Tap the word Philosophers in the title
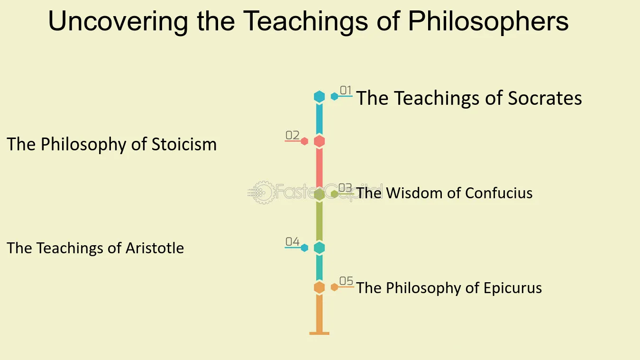pos(488,21)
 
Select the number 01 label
pos(346,90)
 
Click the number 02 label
pos(293,135)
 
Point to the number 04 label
pos(293,241)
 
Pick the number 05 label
pos(346,281)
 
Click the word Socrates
pos(545,98)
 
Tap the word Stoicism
pos(184,144)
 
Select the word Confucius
pos(499,193)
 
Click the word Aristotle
pos(155,248)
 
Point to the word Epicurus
pos(512,288)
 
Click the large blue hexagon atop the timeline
pos(320,96)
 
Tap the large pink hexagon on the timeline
pos(320,141)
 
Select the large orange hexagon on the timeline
pos(320,287)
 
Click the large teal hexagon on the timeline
pos(320,248)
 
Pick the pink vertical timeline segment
pos(320,168)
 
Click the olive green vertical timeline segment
pos(320,221)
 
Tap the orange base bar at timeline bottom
pos(320,333)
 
